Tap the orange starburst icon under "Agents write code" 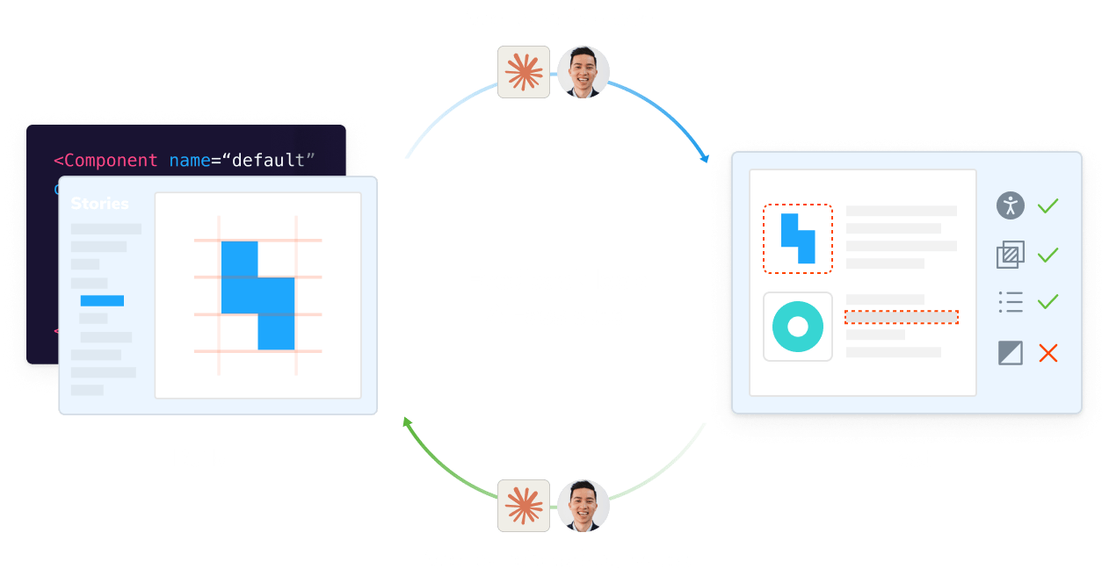(524, 72)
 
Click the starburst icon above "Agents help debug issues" (524, 506)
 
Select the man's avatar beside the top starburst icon (583, 72)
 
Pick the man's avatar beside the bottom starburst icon (583, 506)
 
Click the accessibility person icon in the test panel (1011, 205)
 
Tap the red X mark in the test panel (1048, 353)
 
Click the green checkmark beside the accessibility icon (1048, 206)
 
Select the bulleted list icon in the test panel (1011, 303)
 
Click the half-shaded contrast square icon (1011, 353)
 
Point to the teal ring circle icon (797, 327)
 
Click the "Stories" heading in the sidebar (99, 204)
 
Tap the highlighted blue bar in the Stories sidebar (102, 300)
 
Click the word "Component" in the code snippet (111, 161)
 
